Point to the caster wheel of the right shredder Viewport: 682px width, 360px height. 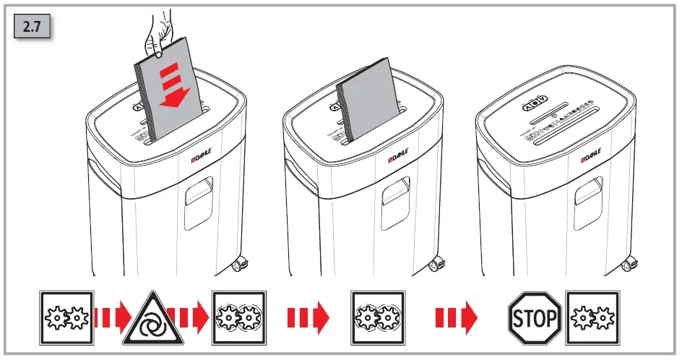tap(631, 265)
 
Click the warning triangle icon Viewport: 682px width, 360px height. tap(151, 317)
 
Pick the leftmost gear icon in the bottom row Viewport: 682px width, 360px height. tap(66, 317)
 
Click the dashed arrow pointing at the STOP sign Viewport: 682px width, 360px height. tap(456, 317)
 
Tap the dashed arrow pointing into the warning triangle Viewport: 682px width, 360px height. tap(113, 317)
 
